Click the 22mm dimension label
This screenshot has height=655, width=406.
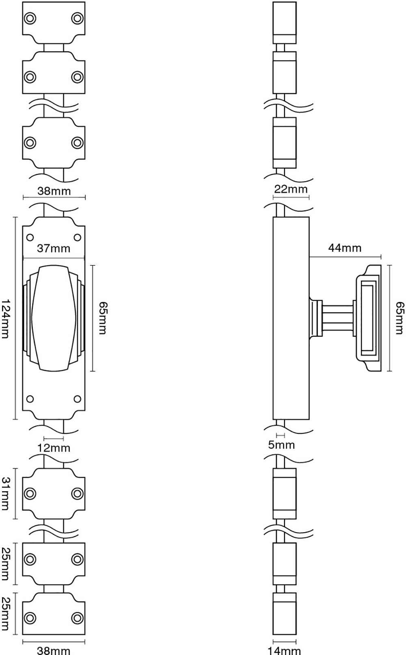(291, 189)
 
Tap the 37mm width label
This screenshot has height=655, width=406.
(54, 248)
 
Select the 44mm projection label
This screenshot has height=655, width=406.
(345, 248)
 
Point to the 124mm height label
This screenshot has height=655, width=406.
(5, 319)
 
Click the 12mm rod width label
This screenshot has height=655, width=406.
(54, 448)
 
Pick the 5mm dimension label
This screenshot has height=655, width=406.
(281, 445)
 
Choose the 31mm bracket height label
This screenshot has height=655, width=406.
(6, 494)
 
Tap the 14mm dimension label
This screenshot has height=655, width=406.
(284, 651)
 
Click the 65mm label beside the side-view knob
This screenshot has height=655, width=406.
(400, 318)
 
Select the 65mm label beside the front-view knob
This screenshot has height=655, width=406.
(102, 318)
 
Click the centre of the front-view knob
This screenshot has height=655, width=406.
(54, 318)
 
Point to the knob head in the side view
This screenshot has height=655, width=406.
(369, 318)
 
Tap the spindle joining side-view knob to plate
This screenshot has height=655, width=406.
(337, 318)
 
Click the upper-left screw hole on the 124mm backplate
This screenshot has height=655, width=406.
(30, 238)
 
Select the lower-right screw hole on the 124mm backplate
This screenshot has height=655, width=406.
(77, 399)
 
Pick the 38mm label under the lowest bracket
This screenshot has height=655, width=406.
(54, 651)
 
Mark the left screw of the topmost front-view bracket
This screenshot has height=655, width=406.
(30, 18)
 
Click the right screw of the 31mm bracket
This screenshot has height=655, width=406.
(77, 494)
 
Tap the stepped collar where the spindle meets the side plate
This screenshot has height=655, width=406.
(316, 318)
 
